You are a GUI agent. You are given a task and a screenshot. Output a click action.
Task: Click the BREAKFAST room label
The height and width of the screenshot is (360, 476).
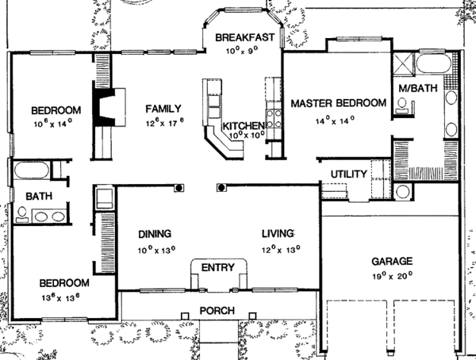coord(244,36)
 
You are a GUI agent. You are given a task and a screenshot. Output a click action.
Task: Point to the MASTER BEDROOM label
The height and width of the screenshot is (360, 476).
coord(338,103)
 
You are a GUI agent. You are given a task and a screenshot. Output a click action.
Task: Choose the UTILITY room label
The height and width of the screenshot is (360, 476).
coord(348,174)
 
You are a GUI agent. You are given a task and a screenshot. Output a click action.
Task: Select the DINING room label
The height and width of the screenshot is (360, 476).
coord(155,234)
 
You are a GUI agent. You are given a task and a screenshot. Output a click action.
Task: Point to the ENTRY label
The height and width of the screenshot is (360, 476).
coord(217,267)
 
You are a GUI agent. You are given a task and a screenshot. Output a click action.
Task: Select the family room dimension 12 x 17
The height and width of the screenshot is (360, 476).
coord(163,123)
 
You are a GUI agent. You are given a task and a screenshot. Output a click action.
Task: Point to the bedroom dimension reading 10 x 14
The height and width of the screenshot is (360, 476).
coord(52,124)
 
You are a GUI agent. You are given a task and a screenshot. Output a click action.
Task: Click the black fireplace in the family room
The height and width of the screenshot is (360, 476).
coord(104,105)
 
